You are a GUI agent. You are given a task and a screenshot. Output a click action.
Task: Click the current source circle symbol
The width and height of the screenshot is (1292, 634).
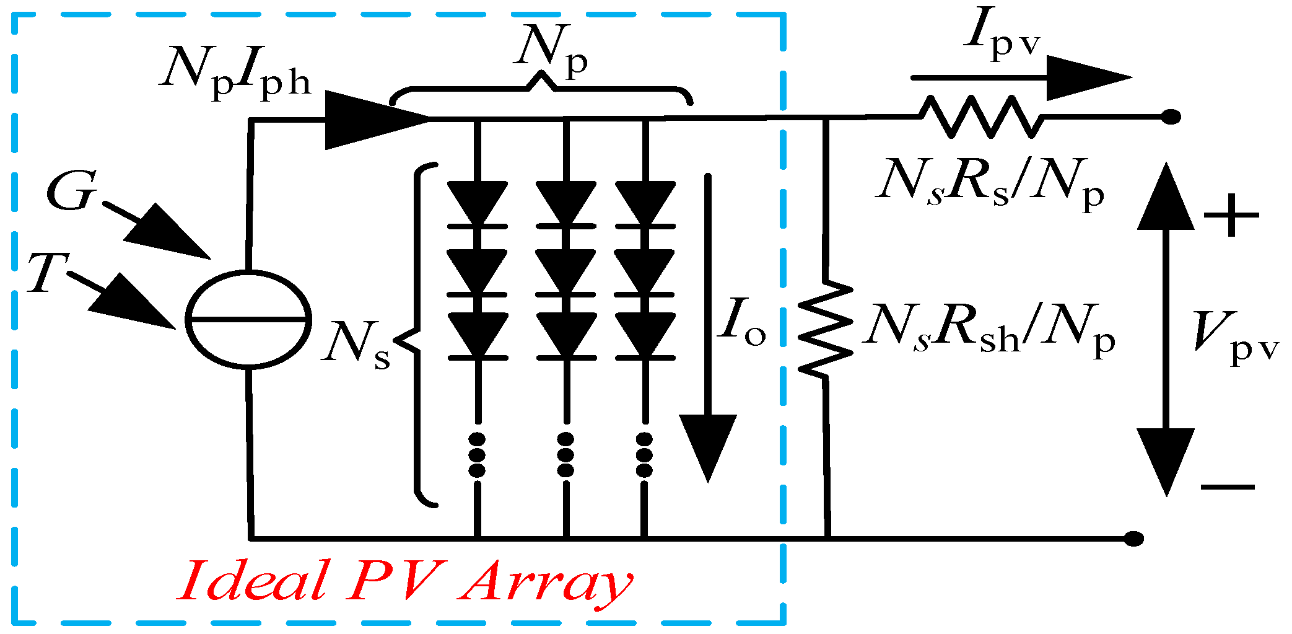pyautogui.click(x=248, y=319)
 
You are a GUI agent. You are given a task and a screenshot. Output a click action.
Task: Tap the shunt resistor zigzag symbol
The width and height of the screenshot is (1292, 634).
pyautogui.click(x=826, y=328)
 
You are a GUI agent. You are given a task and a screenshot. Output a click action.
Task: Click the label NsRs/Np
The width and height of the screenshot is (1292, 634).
pyautogui.click(x=989, y=183)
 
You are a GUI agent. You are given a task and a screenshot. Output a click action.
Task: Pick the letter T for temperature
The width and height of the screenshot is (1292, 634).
pyautogui.click(x=47, y=273)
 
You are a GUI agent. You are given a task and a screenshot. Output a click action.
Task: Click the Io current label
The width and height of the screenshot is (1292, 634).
pyautogui.click(x=742, y=322)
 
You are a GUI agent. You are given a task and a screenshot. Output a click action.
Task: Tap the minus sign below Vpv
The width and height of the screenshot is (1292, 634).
pyautogui.click(x=1228, y=487)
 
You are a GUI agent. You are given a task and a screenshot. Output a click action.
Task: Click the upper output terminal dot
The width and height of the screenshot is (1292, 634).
pyautogui.click(x=1170, y=117)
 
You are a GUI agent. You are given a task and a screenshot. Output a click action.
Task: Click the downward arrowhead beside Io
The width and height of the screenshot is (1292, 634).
pyautogui.click(x=707, y=446)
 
